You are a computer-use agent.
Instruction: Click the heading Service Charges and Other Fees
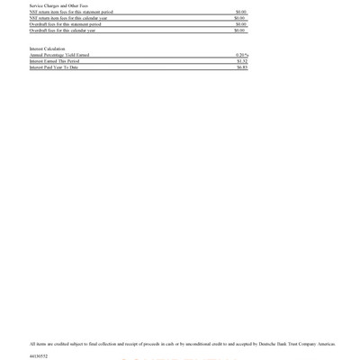pos(52,5)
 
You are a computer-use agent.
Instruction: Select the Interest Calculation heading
pos(47,49)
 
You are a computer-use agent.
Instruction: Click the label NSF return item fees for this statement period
pos(71,12)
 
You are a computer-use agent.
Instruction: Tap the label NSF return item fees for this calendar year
pos(69,18)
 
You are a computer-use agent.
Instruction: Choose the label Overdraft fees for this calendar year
pos(63,31)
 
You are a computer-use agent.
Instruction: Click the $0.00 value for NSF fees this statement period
pos(240,12)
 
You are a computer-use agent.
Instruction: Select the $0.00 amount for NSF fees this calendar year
pos(239,18)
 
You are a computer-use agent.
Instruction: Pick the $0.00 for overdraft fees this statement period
pos(240,24)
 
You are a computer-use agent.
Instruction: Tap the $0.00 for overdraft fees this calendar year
pos(239,31)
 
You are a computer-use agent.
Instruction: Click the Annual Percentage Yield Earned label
pos(59,55)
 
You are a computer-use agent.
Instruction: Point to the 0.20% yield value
pos(241,55)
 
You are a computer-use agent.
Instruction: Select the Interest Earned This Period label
pos(54,61)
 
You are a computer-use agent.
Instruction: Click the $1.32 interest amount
pos(241,61)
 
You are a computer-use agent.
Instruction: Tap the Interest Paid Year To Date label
pos(54,67)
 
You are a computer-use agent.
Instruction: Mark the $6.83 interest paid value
pos(241,67)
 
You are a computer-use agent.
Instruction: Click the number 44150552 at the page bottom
pos(39,356)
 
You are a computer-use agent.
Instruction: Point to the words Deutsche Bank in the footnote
pos(271,344)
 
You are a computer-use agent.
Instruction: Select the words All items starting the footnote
pos(37,344)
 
